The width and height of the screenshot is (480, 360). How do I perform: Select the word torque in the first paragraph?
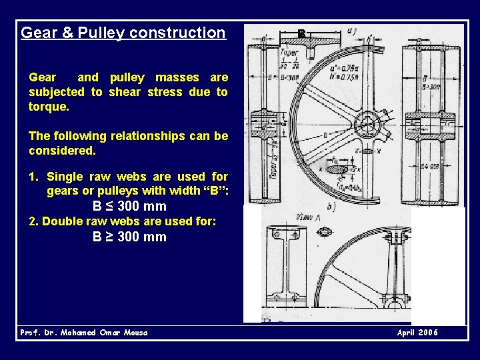pyautogui.click(x=47, y=107)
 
